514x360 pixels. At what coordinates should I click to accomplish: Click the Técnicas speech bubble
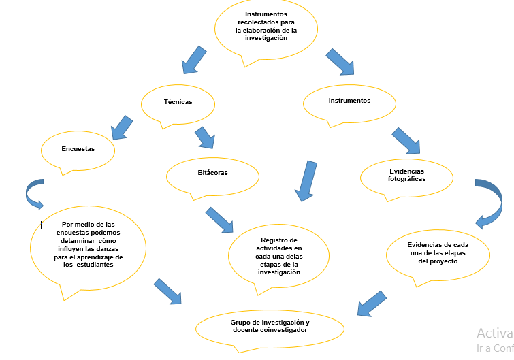(x=178, y=102)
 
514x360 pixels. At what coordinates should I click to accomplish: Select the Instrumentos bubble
(x=349, y=101)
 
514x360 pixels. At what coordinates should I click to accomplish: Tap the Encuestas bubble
(x=78, y=148)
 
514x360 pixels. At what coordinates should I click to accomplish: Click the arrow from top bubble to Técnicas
(x=193, y=60)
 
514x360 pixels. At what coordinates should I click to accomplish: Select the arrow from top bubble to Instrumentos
(x=340, y=61)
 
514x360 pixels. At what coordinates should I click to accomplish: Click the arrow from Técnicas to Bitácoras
(x=204, y=137)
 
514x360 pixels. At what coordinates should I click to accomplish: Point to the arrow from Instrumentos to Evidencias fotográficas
(x=406, y=140)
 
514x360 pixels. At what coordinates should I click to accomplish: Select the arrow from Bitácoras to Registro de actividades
(x=219, y=219)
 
